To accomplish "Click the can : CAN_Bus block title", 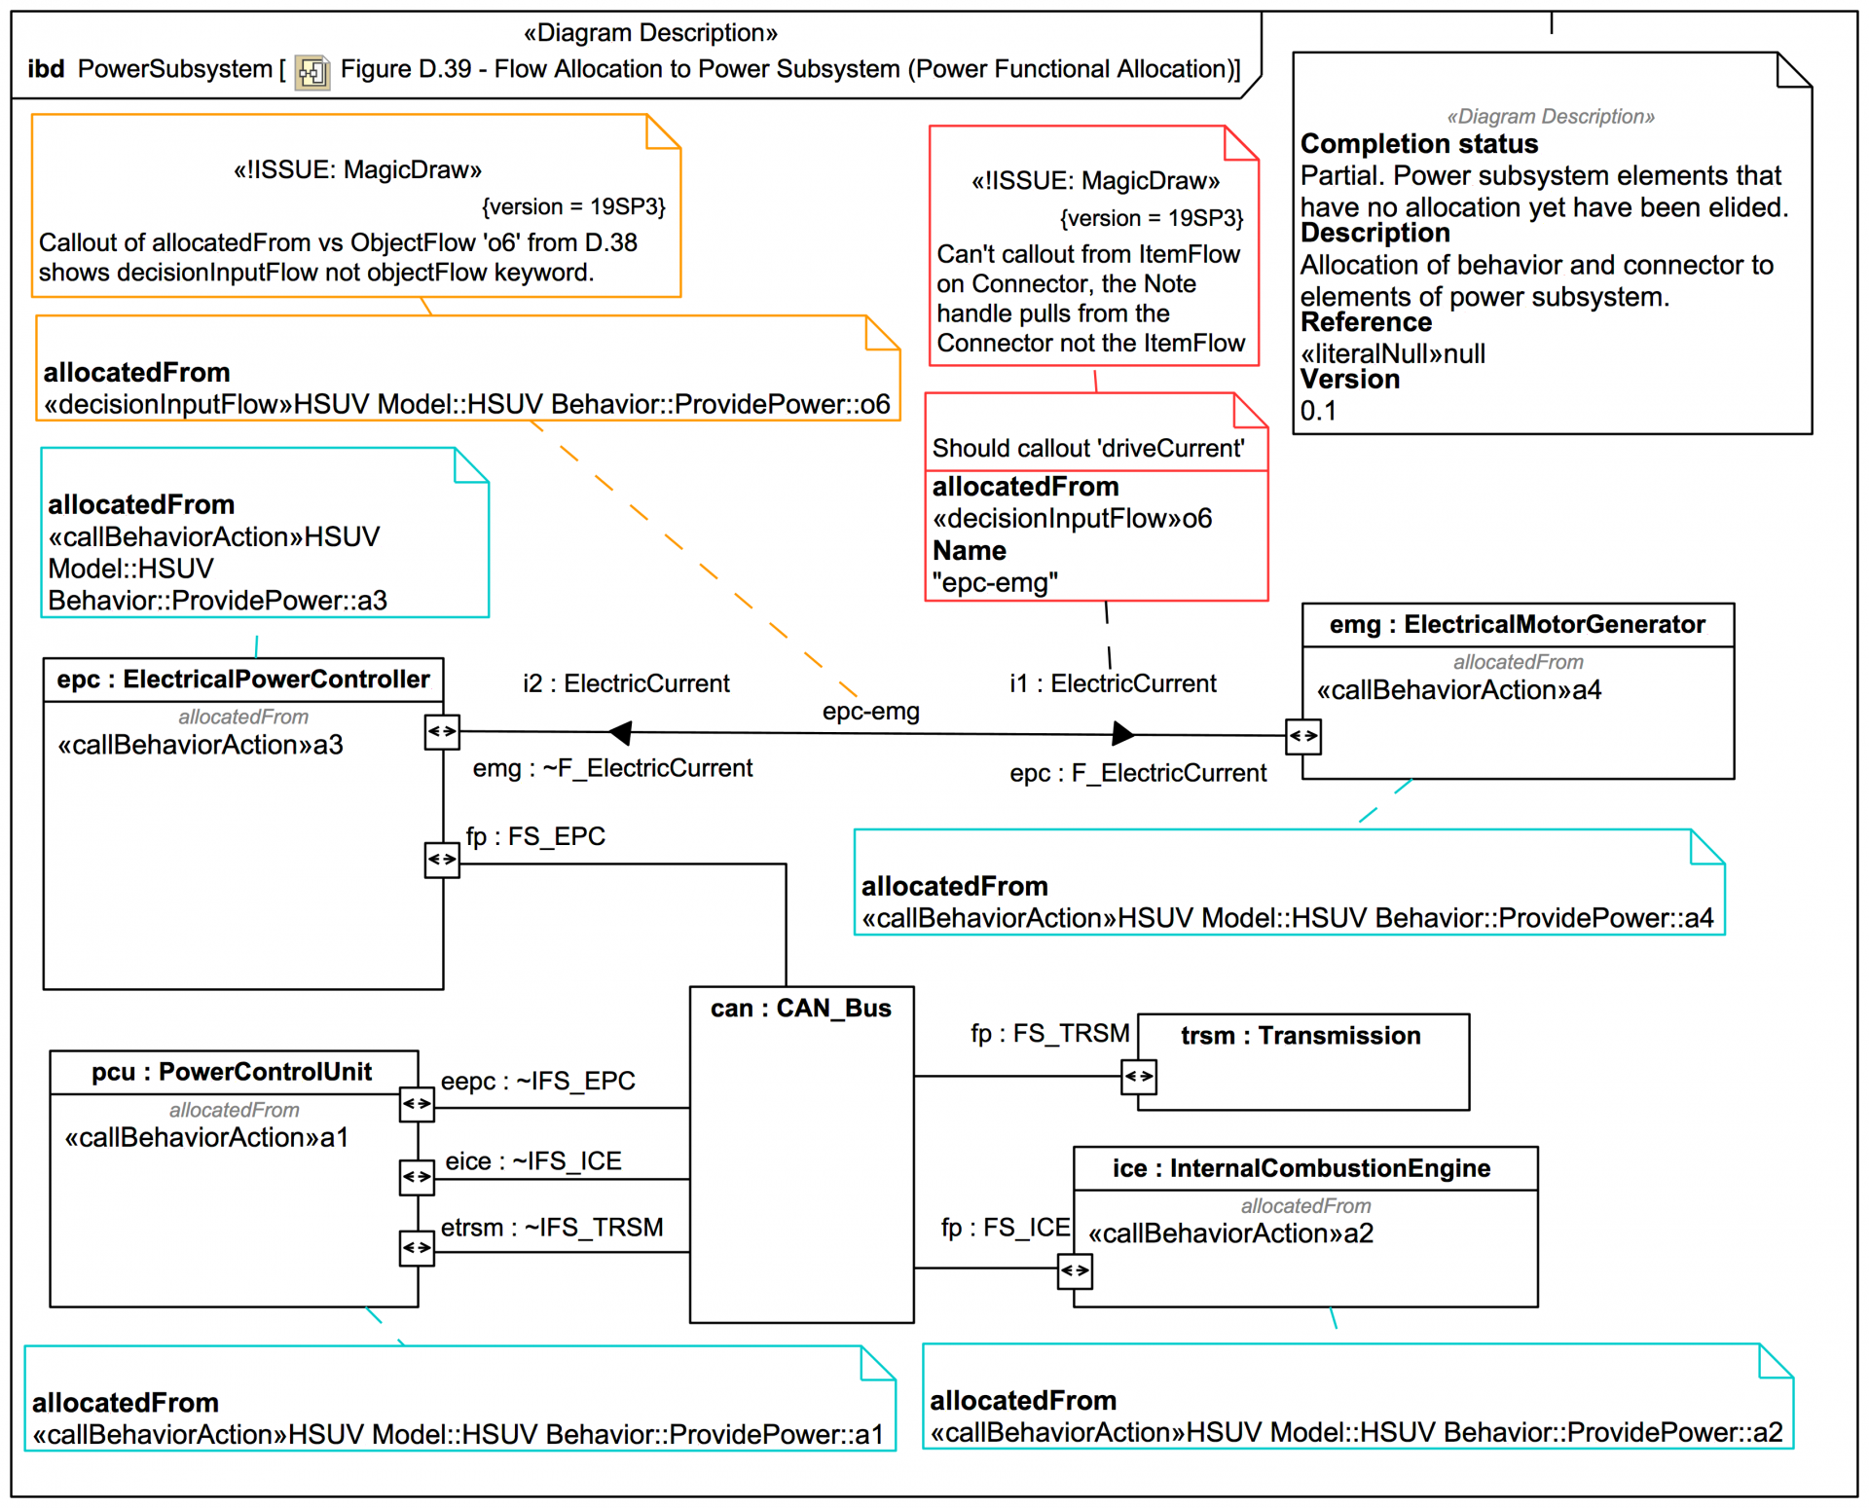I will tap(800, 1008).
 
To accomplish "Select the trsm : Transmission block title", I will tap(1300, 1035).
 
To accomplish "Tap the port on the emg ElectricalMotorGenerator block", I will tap(1302, 736).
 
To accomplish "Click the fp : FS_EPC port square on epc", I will tap(442, 859).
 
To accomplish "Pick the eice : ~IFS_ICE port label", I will tap(532, 1160).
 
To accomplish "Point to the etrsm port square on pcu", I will tap(417, 1247).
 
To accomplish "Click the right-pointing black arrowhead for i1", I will tap(1122, 733).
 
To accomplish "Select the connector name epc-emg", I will tap(870, 711).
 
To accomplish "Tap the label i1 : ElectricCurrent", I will tap(1112, 683).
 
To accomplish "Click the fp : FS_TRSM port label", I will tap(1049, 1033).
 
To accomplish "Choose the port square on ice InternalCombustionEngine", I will tap(1075, 1270).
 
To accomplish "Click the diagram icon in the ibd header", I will tap(311, 72).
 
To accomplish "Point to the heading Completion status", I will tap(1418, 144).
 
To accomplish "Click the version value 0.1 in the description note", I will tap(1318, 411).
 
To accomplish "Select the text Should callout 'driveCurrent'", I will tap(1087, 448).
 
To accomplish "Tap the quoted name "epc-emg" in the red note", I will tap(994, 582).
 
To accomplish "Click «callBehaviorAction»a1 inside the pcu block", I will tap(206, 1137).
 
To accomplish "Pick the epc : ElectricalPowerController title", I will tap(242, 679).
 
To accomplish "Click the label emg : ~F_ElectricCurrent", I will tap(611, 768).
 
